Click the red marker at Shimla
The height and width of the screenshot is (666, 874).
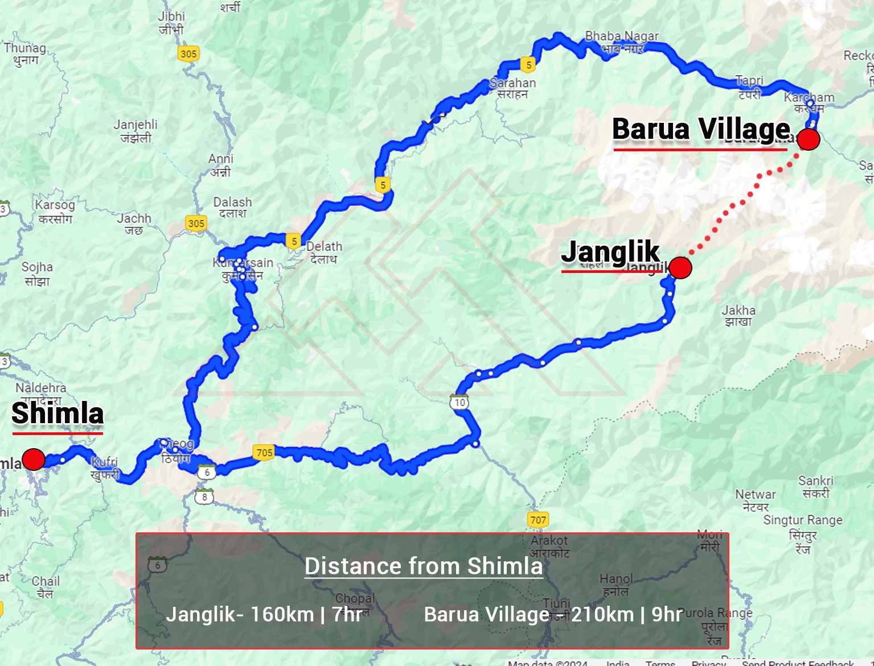coord(34,459)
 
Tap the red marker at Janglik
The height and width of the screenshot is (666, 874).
coord(680,268)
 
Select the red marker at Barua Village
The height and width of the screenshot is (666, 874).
coord(808,139)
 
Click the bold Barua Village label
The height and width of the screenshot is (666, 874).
coord(701,129)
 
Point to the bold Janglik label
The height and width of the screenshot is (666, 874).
coord(610,251)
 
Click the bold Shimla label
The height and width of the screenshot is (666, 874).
coord(58,413)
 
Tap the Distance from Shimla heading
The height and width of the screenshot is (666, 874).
coord(423,566)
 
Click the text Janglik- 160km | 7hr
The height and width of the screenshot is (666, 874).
coord(264,615)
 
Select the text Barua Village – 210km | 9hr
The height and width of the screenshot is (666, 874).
coord(553,615)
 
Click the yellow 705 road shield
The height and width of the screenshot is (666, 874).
coord(264,453)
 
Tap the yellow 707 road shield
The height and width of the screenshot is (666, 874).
coord(538,519)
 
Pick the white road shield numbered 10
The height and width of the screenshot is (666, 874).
coord(459,402)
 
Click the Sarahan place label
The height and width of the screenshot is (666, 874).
coord(512,88)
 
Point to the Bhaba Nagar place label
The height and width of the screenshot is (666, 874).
coord(622,42)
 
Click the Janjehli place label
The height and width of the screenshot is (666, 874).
coord(136,131)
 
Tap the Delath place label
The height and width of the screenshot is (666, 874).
coord(324,253)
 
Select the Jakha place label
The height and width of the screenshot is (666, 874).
coord(738,316)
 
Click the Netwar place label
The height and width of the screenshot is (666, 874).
coord(756,500)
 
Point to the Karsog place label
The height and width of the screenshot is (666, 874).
coord(55,211)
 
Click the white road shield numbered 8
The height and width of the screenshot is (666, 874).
coord(204,497)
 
